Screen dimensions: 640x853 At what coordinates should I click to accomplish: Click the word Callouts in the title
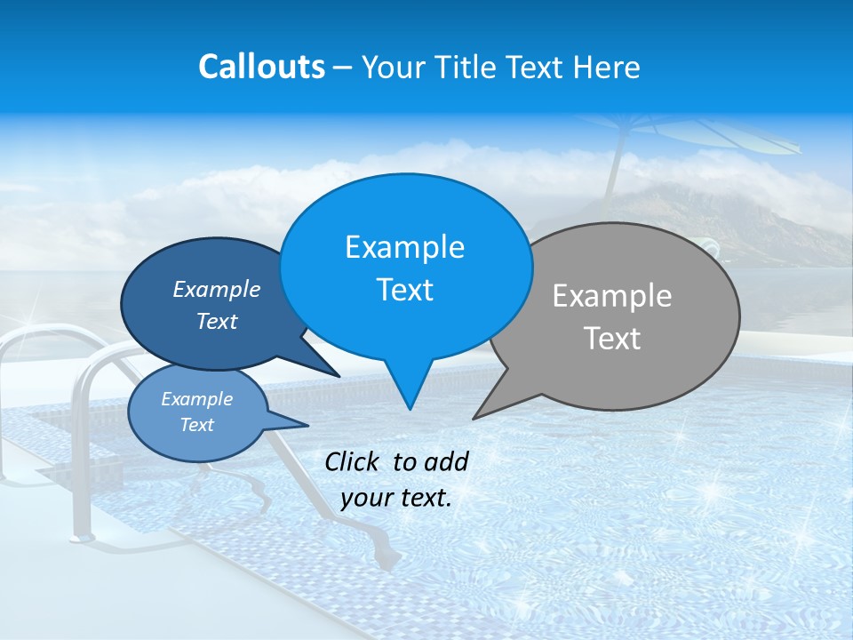(x=261, y=67)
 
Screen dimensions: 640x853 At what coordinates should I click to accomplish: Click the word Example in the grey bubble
(x=612, y=296)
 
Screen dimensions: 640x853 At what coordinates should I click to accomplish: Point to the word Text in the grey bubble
(x=612, y=339)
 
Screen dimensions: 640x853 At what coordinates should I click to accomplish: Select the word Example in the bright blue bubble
(x=404, y=247)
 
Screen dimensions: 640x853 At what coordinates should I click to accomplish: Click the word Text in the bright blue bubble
(x=404, y=290)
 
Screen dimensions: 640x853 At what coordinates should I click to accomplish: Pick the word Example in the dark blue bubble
(x=217, y=289)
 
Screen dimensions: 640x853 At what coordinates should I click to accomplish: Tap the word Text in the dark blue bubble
(x=217, y=321)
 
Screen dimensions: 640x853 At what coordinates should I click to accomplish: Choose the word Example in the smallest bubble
(x=197, y=399)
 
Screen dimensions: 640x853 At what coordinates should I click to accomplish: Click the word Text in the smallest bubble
(x=197, y=425)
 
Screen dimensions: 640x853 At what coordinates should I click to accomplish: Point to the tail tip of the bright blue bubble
(x=409, y=408)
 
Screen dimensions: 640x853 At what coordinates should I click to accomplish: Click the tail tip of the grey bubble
(x=475, y=417)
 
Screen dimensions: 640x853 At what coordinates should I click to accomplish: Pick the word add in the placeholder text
(x=447, y=461)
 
